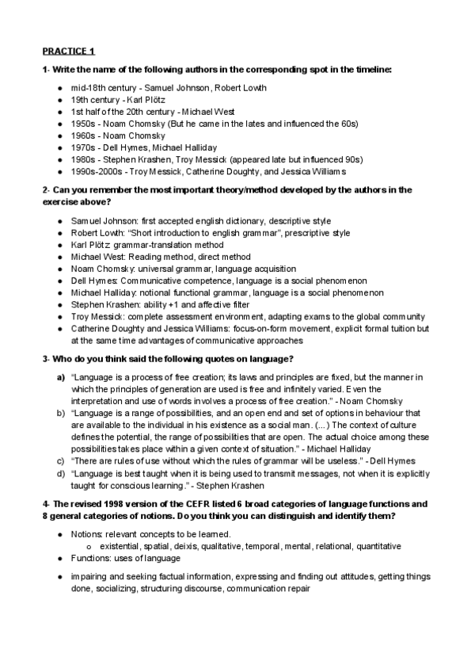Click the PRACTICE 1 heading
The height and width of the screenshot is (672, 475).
(x=68, y=52)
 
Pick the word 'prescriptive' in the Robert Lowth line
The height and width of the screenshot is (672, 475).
(x=303, y=233)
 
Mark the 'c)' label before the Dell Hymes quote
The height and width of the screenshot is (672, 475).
(x=60, y=460)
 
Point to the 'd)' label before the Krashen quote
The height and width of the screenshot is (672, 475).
(x=61, y=472)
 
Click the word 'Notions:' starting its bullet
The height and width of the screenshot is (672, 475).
(x=88, y=534)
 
